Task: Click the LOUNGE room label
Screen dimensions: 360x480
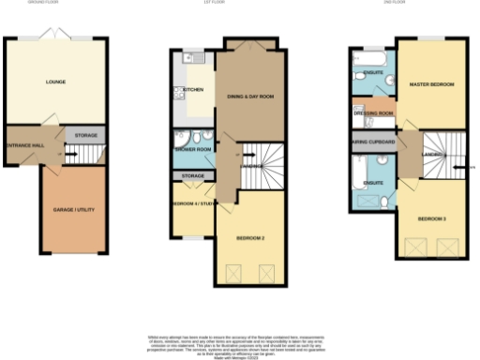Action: pos(55,82)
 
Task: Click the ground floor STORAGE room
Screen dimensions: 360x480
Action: pos(86,136)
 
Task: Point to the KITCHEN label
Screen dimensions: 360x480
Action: pos(181,92)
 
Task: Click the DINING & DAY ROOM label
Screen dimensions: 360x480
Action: pos(250,97)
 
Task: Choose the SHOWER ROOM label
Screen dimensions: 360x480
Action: pos(191,149)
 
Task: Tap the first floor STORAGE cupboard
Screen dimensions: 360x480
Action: pos(193,176)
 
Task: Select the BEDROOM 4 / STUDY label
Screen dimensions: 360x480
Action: pos(193,202)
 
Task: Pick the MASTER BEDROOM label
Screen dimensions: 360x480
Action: pos(431,85)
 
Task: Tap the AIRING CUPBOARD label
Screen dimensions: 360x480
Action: pos(372,143)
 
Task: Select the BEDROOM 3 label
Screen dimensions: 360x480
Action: pos(431,217)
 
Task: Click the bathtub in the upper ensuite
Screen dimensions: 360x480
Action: pos(365,57)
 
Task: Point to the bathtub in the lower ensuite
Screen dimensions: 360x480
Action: pos(359,170)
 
